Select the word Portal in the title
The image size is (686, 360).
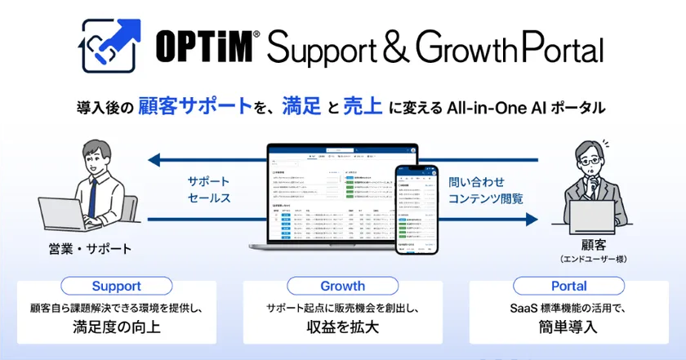pyautogui.click(x=559, y=49)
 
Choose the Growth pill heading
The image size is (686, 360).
pyautogui.click(x=343, y=287)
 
